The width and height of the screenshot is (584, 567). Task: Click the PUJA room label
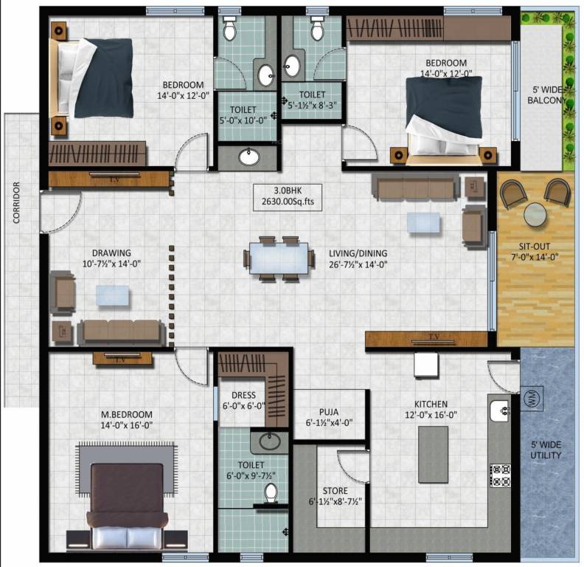329,413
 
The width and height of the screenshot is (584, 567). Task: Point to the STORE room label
336,490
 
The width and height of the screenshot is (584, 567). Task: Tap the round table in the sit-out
535,215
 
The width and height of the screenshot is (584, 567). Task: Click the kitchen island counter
434,453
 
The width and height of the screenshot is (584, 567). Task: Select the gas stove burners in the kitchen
501,475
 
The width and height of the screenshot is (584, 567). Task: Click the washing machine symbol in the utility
532,399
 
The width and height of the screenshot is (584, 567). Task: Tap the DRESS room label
243,395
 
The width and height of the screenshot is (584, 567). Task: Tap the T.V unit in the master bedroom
122,359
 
